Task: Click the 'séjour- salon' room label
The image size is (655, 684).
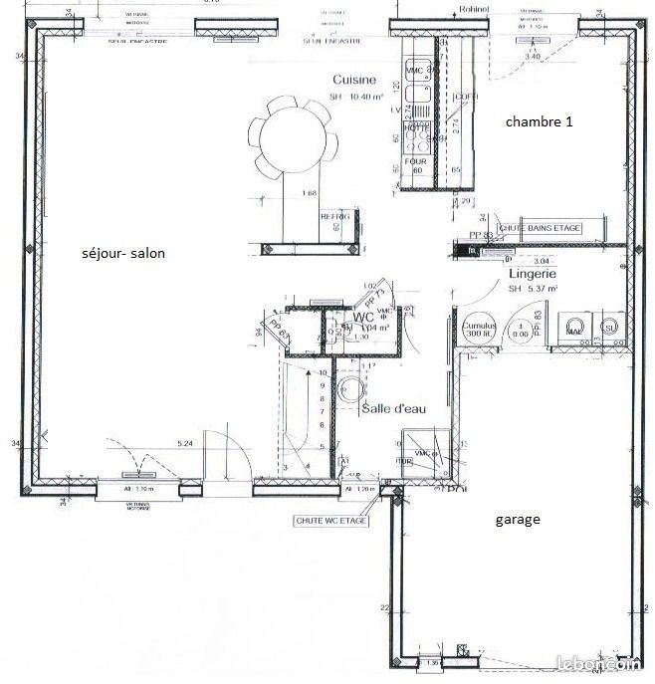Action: click(123, 254)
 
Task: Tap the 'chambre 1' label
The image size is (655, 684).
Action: click(539, 121)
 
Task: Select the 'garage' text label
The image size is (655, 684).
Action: click(517, 519)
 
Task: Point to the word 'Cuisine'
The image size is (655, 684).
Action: click(353, 80)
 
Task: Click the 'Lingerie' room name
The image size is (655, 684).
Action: click(532, 273)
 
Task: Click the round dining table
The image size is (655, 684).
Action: click(290, 137)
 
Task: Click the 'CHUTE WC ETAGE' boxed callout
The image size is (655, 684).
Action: click(331, 521)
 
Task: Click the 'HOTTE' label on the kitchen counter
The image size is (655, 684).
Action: click(416, 128)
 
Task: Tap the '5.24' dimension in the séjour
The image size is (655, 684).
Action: click(185, 442)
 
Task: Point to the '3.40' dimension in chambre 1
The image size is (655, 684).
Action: click(532, 57)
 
